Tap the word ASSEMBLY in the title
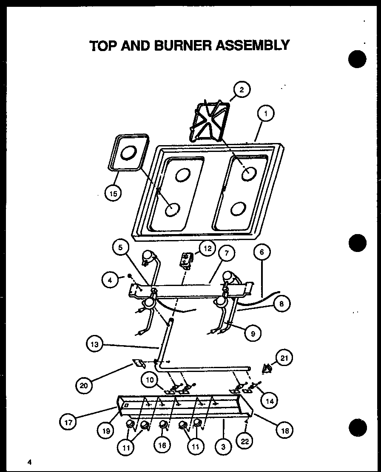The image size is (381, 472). pyautogui.click(x=253, y=45)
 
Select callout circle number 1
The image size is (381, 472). pyautogui.click(x=265, y=114)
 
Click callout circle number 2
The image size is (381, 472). pyautogui.click(x=242, y=89)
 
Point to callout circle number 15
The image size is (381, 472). pyautogui.click(x=112, y=194)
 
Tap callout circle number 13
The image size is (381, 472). pyautogui.click(x=94, y=345)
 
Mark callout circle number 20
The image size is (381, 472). pyautogui.click(x=84, y=386)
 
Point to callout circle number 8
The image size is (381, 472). pyautogui.click(x=281, y=304)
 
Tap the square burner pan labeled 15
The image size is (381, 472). pyautogui.click(x=127, y=154)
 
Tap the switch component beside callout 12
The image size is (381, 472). pyautogui.click(x=186, y=260)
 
